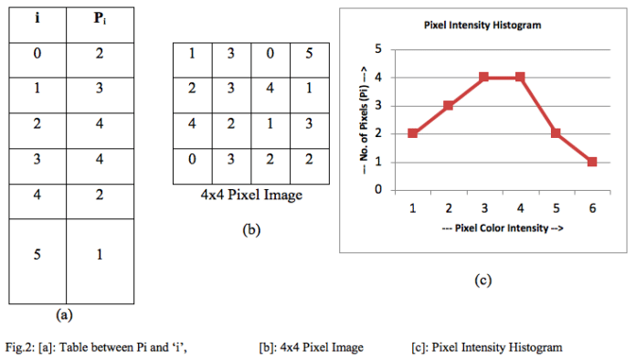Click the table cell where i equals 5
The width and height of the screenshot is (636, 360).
tap(37, 254)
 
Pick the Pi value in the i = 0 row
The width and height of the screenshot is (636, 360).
tap(99, 55)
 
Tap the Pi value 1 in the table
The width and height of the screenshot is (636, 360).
tap(99, 254)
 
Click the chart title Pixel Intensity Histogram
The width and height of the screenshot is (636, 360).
tap(482, 25)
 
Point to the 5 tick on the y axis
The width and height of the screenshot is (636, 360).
tap(377, 48)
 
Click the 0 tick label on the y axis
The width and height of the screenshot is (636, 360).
tap(377, 190)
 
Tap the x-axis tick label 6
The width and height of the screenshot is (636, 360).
tap(592, 207)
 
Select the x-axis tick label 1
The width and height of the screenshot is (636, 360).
tap(413, 207)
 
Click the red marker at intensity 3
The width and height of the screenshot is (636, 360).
tap(484, 77)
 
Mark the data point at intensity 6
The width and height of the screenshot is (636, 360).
tap(592, 162)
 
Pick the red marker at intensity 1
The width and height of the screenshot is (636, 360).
tap(413, 133)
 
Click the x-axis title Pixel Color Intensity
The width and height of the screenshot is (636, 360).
tap(502, 227)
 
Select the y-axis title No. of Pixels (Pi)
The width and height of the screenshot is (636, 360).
tap(363, 119)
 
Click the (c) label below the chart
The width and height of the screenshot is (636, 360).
tap(483, 280)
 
